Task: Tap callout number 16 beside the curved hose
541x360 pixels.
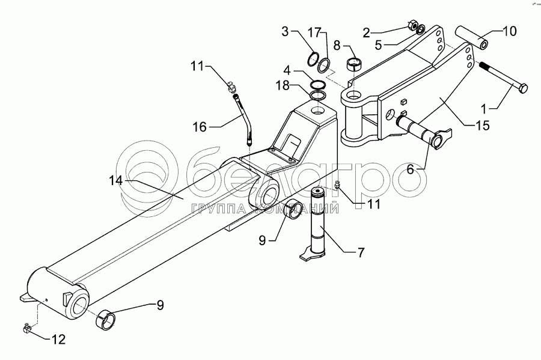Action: click(x=200, y=127)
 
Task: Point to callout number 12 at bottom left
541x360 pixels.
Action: click(x=58, y=340)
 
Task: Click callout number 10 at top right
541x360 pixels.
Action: click(x=509, y=31)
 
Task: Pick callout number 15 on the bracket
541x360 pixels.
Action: click(x=482, y=126)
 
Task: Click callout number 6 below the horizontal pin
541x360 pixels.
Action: click(x=410, y=170)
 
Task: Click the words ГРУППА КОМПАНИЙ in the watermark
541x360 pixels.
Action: click(x=264, y=209)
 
